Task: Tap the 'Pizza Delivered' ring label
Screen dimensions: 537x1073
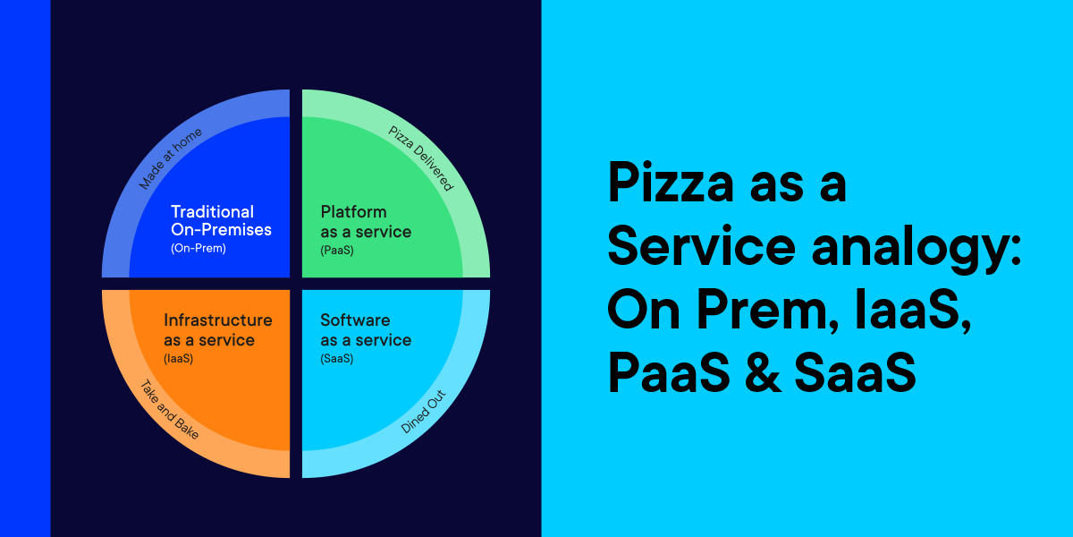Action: click(420, 158)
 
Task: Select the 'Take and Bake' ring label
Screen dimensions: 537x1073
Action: click(169, 410)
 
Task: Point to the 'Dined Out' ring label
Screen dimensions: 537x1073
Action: click(423, 411)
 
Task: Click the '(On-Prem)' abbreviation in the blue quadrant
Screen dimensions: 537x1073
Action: click(199, 249)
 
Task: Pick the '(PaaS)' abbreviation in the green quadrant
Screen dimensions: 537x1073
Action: click(337, 251)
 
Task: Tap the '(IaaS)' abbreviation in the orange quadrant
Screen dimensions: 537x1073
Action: click(179, 359)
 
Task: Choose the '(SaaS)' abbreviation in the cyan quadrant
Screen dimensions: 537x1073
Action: click(337, 359)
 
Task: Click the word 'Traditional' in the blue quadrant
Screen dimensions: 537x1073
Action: click(213, 212)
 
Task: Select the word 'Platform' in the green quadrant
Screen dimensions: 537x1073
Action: click(354, 212)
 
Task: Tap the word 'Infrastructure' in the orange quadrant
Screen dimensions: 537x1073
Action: click(218, 320)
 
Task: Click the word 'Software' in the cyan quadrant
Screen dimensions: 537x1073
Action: click(355, 320)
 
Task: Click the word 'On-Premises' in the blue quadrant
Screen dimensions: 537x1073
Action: click(222, 231)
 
